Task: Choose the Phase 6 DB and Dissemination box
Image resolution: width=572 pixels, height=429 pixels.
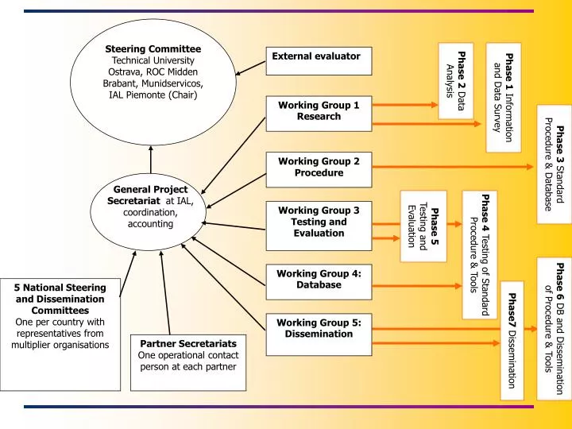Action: [x=553, y=327]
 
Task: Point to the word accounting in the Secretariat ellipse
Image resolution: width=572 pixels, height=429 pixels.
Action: [x=150, y=224]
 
